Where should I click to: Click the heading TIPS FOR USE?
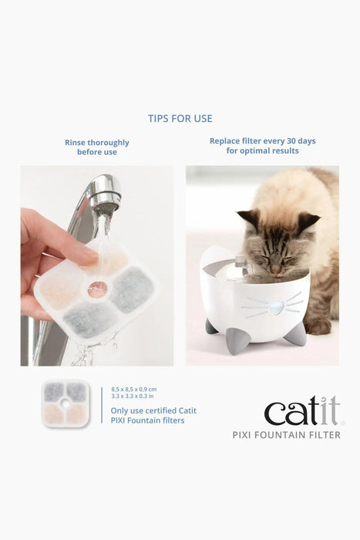(180, 119)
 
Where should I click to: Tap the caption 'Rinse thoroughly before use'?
(97, 147)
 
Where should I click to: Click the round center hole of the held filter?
(96, 290)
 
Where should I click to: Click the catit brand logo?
(304, 411)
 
